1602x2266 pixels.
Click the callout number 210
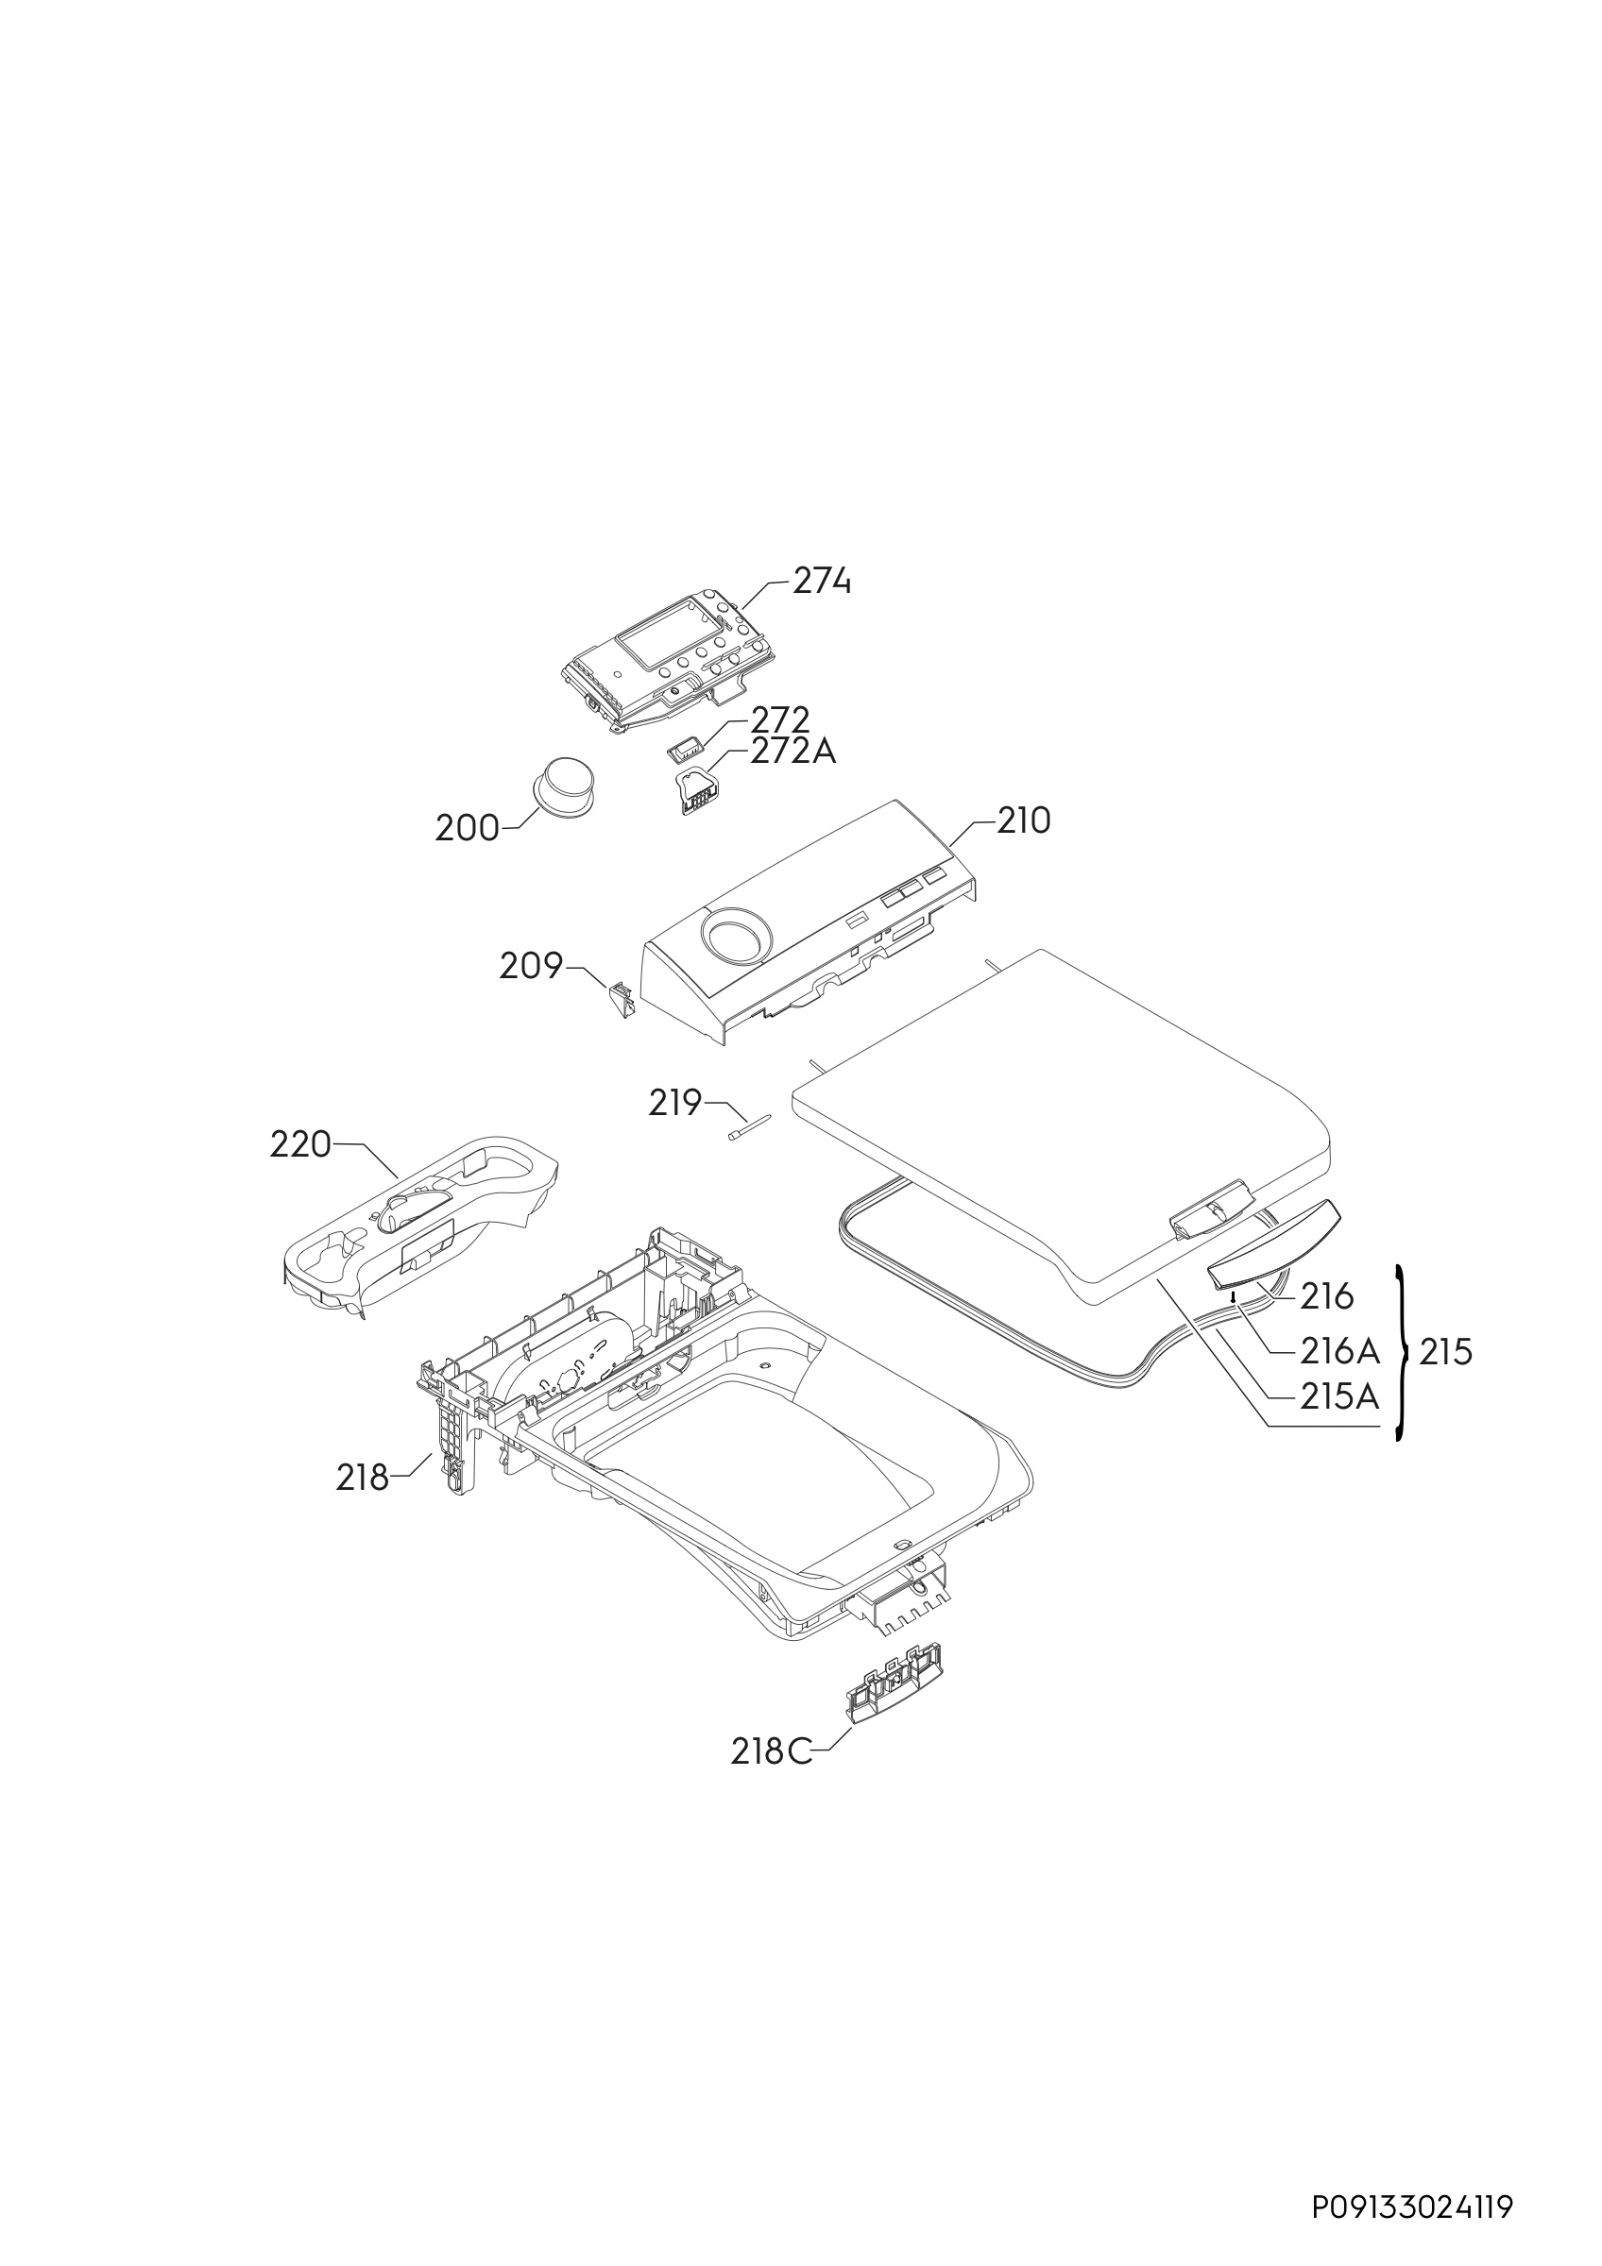1024,821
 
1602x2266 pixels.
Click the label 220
300,1145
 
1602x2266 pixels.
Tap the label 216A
1338,1348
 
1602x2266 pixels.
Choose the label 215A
1338,1396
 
